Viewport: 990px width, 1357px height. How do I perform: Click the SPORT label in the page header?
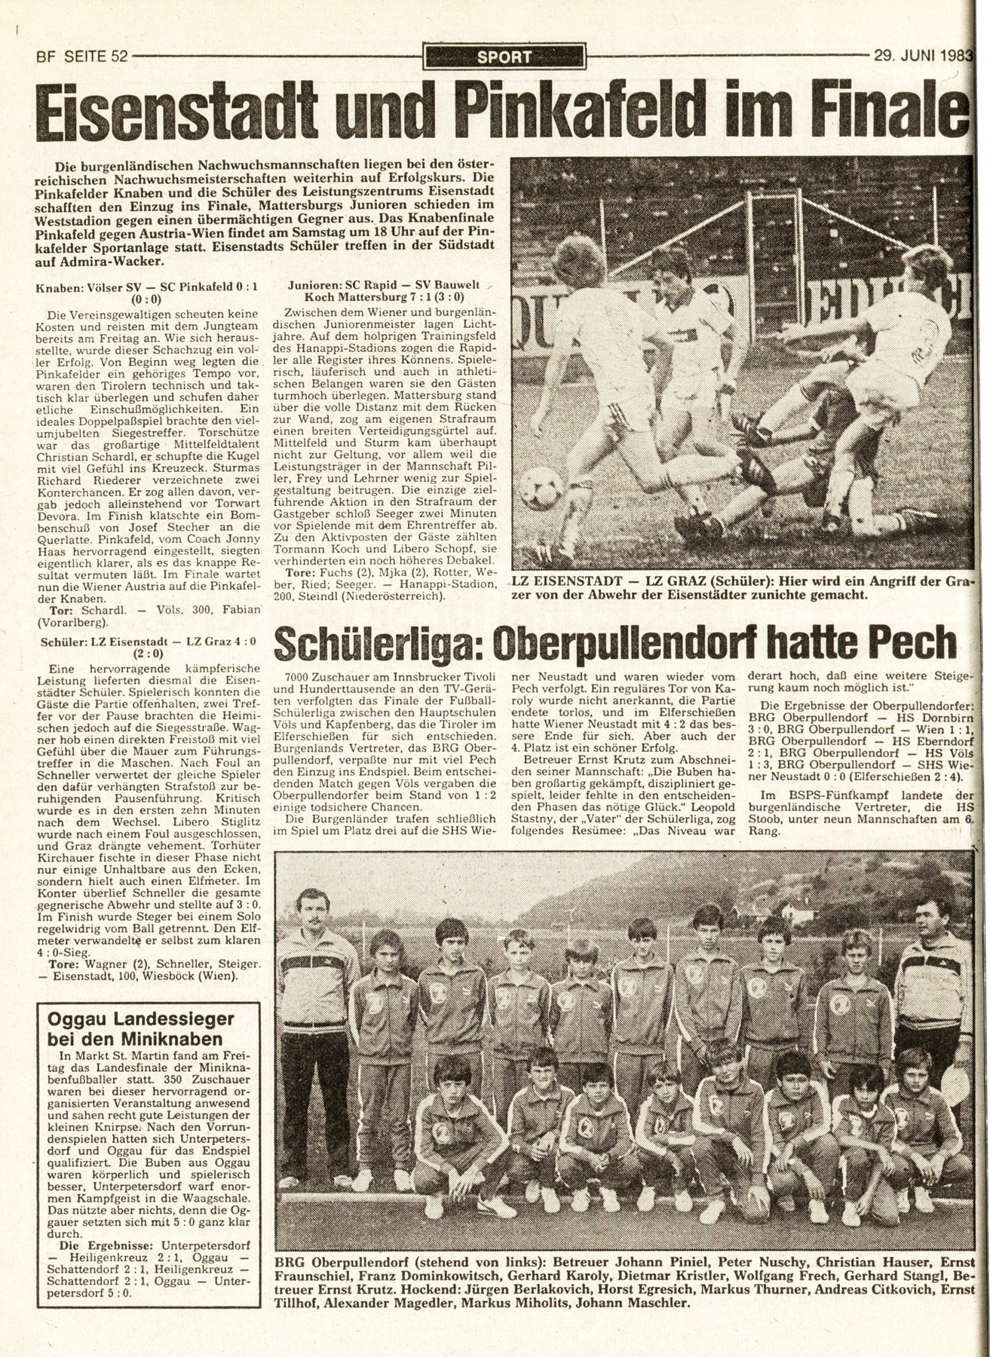click(x=504, y=56)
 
